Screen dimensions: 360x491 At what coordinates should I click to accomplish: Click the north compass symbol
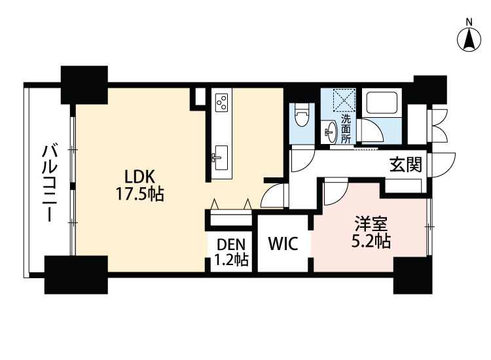click(469, 39)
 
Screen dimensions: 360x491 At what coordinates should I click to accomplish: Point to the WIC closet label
click(283, 244)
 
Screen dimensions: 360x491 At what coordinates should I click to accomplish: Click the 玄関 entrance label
click(405, 165)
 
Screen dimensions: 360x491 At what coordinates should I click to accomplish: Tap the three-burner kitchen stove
click(222, 101)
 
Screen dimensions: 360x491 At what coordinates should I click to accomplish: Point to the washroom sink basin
click(331, 129)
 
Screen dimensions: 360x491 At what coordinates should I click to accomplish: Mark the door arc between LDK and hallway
click(273, 196)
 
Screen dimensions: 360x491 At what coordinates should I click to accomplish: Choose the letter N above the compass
click(469, 21)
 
